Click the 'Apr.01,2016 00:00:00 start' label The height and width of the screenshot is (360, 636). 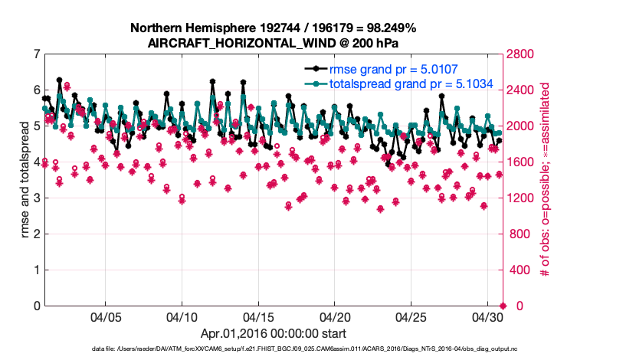273,333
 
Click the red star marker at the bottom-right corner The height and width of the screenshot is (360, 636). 503,306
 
